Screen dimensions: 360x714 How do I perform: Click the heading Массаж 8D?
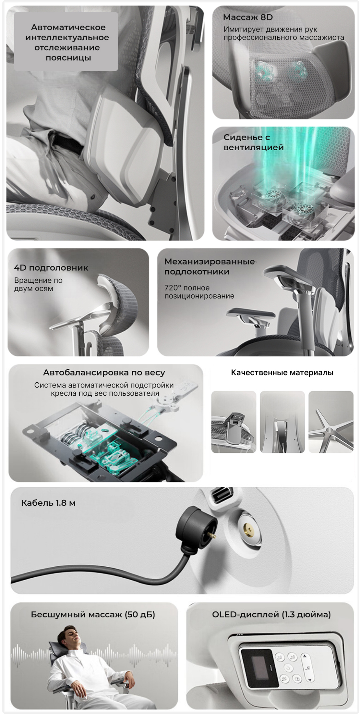coord(248,17)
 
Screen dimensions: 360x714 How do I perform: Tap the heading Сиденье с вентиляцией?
coord(254,142)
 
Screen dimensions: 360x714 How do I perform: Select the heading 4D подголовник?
coord(51,268)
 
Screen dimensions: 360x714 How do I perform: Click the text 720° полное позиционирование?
coord(199,292)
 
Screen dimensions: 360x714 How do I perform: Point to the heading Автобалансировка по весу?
coord(104,373)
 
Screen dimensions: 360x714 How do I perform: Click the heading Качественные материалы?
coord(282,373)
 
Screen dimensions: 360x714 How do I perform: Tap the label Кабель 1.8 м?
coord(48,503)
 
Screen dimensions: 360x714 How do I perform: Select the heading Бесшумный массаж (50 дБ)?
coord(93,614)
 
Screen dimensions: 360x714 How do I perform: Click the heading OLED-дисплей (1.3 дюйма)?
coord(271,614)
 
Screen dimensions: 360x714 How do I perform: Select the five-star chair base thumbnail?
coord(331,422)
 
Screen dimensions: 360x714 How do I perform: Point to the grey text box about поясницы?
coord(66,42)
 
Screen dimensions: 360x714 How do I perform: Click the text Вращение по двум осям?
coord(38,284)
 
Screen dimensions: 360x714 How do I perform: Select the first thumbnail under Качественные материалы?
coord(234,422)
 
